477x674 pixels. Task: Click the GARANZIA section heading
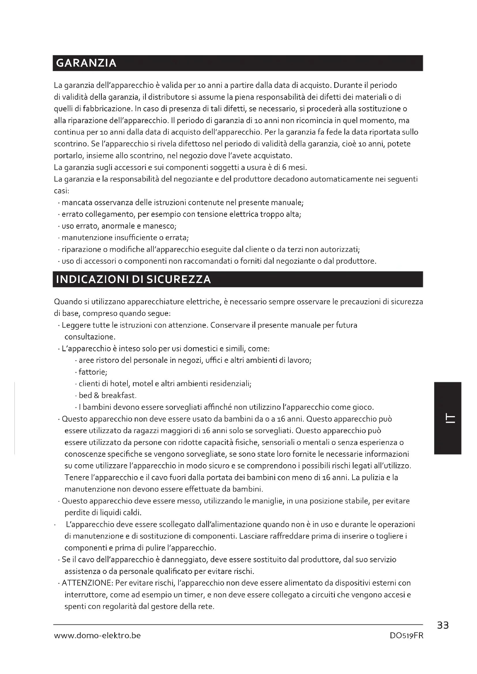(86, 63)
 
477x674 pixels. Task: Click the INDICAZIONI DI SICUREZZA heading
(133, 279)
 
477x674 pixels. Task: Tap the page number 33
(443, 626)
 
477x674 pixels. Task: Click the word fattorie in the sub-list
(93, 372)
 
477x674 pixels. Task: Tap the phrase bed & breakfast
(108, 395)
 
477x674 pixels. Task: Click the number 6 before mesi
(284, 167)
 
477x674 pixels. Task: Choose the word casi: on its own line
(62, 191)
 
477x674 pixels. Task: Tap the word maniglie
(267, 501)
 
